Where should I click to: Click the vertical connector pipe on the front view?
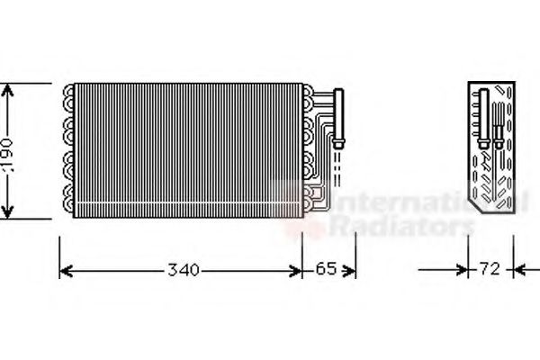pos(340,112)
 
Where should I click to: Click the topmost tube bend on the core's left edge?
pos(69,91)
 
